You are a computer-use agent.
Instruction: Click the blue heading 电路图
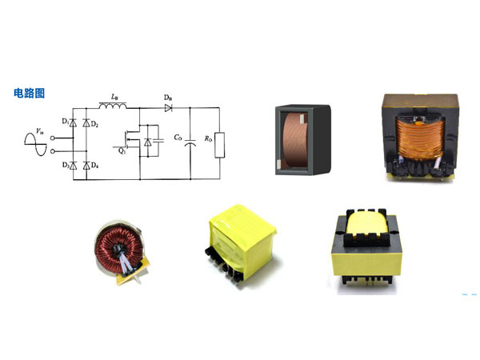click(29, 93)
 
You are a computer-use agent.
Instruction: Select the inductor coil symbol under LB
click(113, 106)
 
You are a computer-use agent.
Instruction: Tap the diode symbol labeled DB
click(168, 108)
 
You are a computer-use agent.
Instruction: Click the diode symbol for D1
click(73, 123)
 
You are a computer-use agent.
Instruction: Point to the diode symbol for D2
click(86, 123)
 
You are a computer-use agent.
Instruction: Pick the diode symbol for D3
click(73, 166)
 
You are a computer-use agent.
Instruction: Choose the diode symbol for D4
click(86, 166)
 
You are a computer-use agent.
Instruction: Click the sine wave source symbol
click(35, 144)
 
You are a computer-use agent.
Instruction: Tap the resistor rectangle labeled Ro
click(219, 145)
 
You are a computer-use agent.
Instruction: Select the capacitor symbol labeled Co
click(190, 142)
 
